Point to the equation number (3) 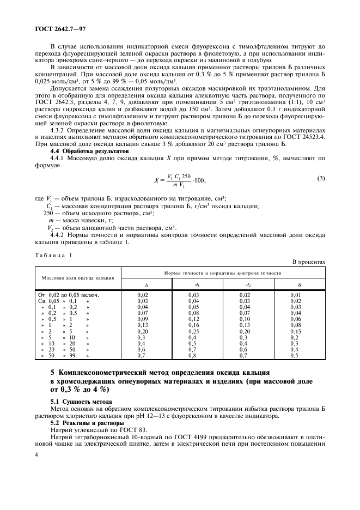coord(321,179)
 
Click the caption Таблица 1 coord(53,255)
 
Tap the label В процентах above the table coord(308,262)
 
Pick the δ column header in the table coord(299,284)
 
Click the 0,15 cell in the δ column coord(299,331)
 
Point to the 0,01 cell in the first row coord(299,295)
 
